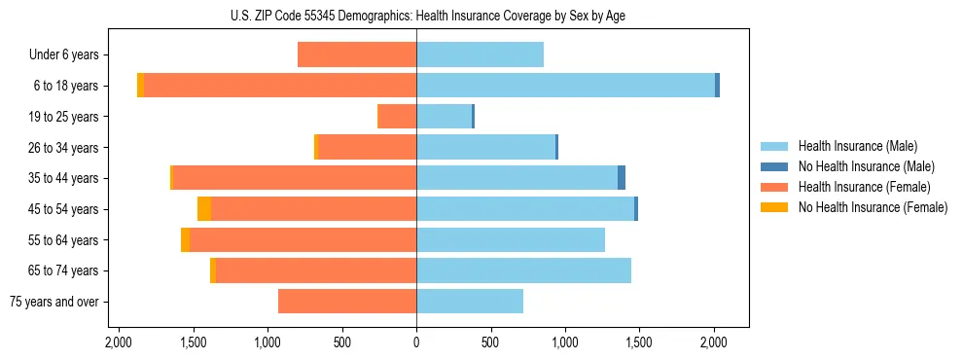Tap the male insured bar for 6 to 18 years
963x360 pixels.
point(565,86)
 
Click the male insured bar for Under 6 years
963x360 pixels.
point(480,54)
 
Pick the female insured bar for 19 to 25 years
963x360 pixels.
point(397,117)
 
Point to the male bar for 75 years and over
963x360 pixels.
point(470,302)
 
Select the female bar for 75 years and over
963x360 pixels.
point(347,302)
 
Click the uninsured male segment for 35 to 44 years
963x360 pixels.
point(622,178)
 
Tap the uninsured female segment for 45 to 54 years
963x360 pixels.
point(204,209)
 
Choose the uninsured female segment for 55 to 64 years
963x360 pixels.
point(185,240)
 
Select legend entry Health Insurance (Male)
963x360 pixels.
point(857,146)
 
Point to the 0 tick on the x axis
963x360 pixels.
point(416,342)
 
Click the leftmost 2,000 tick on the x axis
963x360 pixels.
point(119,342)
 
